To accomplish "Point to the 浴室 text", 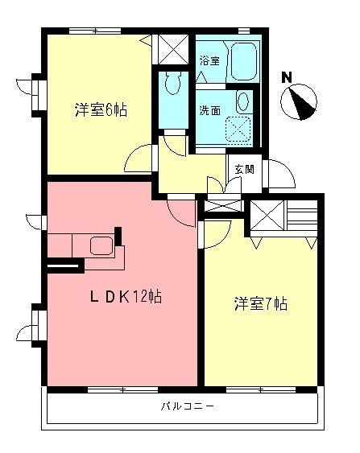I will point(210,60).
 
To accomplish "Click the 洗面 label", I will point(210,112).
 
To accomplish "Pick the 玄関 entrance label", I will point(245,169).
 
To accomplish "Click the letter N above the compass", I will point(286,77).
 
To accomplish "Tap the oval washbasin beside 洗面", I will point(242,101).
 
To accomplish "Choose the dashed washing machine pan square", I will point(238,130).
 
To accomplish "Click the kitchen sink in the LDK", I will point(101,246).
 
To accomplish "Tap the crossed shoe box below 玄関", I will point(217,204).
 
